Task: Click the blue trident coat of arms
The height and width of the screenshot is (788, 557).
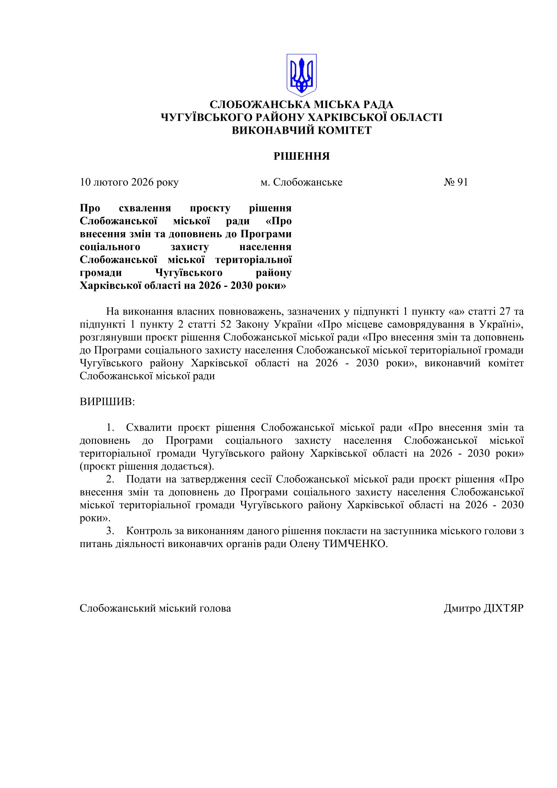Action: coord(301,75)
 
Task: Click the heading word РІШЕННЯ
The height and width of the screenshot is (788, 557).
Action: coord(301,157)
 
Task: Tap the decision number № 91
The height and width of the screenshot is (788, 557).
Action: coord(456,182)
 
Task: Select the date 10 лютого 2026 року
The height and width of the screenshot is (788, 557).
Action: coord(129,182)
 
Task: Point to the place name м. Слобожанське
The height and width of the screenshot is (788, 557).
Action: coord(301,182)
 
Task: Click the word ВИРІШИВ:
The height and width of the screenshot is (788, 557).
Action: coord(107,402)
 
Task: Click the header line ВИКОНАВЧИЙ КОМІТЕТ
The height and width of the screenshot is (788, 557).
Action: coord(301,130)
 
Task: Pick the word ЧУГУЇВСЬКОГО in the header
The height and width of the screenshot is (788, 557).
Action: coord(206,117)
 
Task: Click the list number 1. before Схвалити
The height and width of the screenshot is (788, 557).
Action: coord(110,428)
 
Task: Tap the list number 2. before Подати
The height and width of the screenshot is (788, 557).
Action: coord(110,479)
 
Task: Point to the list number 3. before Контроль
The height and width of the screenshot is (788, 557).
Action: coord(110,531)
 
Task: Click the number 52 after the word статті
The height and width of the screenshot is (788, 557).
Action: coord(226,324)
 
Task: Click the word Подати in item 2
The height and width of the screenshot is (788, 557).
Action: coord(142,479)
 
